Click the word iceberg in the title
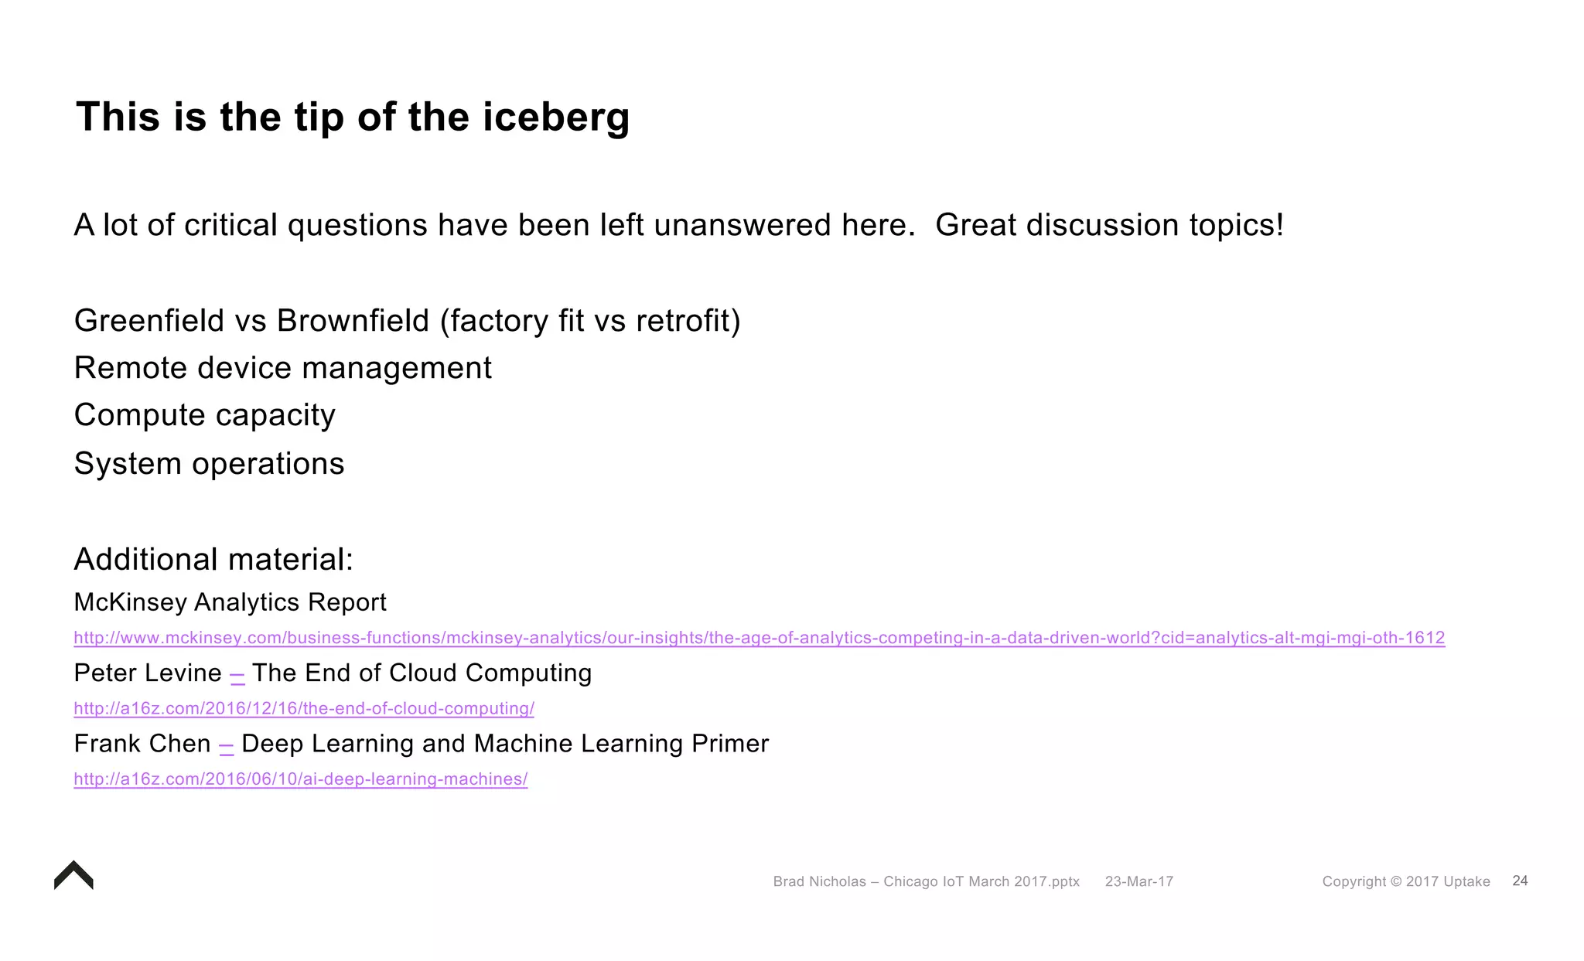[x=556, y=118]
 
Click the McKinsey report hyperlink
[x=759, y=638]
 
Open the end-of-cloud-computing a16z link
[x=303, y=708]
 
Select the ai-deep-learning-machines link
[x=300, y=779]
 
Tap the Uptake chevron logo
[x=73, y=876]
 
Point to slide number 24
[x=1520, y=881]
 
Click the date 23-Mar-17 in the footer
[x=1138, y=881]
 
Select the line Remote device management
[x=282, y=368]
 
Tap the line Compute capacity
[x=204, y=415]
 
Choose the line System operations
[x=209, y=464]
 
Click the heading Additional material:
[x=213, y=559]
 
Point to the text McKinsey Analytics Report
[x=230, y=602]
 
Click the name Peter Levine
[x=147, y=673]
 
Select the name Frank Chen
[x=142, y=744]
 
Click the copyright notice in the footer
[x=1405, y=881]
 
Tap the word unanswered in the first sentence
[x=742, y=226]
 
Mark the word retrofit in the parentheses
[x=683, y=321]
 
